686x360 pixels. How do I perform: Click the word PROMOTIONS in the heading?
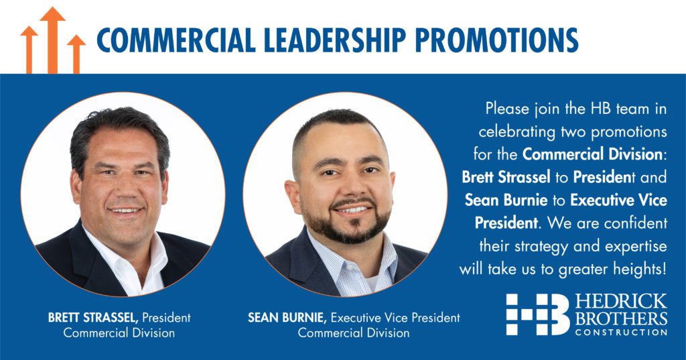(x=496, y=40)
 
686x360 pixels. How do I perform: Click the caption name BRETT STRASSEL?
(x=93, y=317)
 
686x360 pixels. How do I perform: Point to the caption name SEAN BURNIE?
(x=287, y=317)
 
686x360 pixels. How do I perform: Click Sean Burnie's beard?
(x=346, y=221)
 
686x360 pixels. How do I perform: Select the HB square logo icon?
(x=538, y=314)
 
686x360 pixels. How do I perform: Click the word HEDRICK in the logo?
(x=621, y=302)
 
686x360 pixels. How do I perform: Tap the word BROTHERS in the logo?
(x=621, y=318)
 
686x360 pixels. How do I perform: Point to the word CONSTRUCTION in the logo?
(x=621, y=332)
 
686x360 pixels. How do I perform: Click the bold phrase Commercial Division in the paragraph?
(x=592, y=154)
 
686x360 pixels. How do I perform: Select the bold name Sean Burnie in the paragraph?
(x=506, y=200)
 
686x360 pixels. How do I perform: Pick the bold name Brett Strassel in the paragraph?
(x=506, y=177)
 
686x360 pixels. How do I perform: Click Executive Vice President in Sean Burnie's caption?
(x=395, y=317)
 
